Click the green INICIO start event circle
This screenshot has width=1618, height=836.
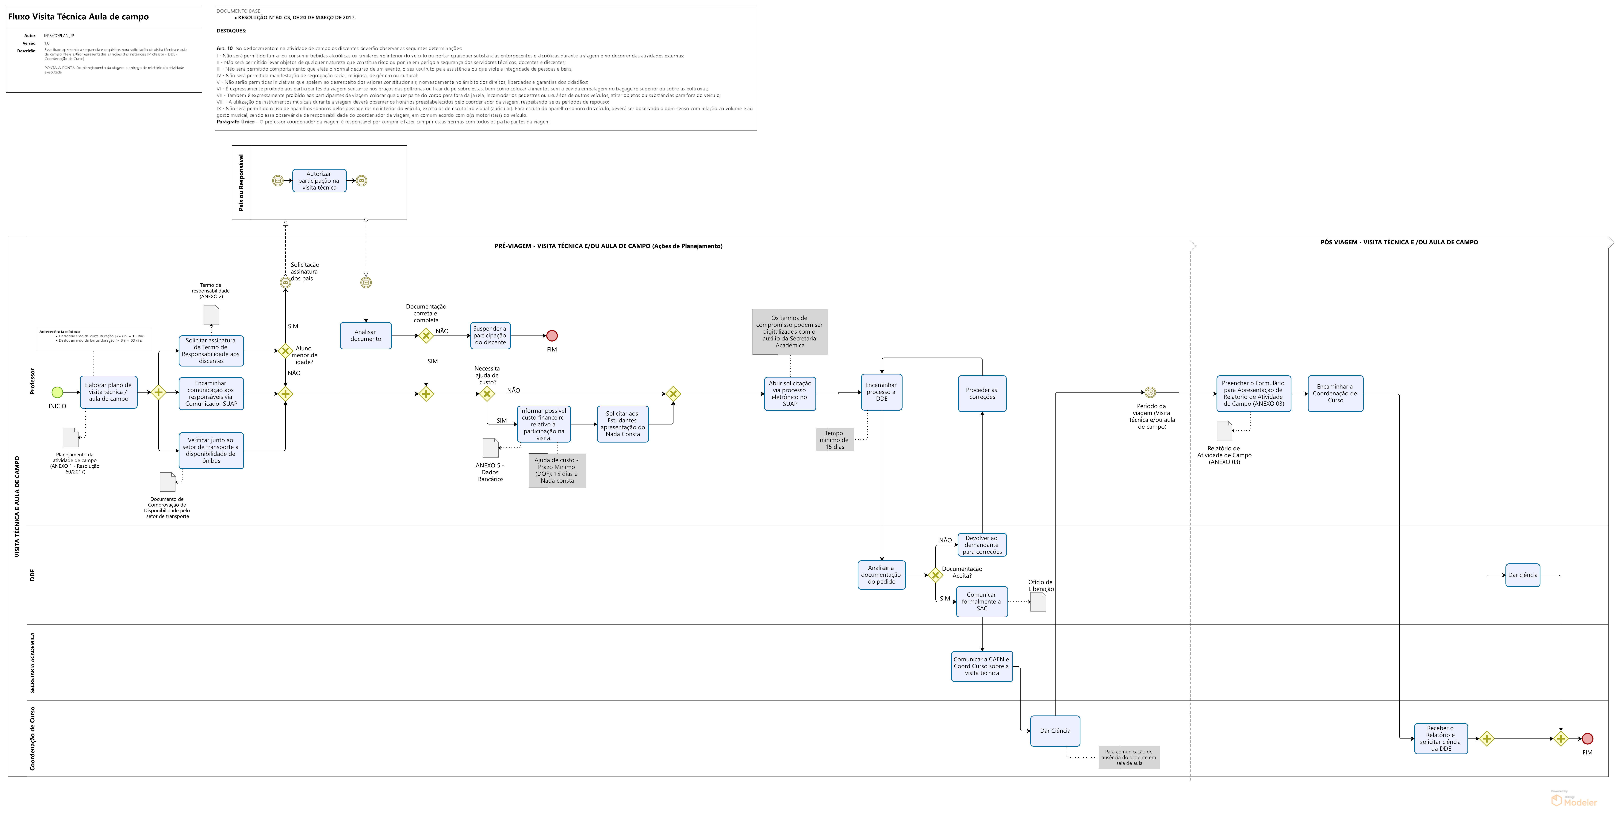point(57,393)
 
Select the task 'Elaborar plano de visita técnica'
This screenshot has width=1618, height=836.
point(108,392)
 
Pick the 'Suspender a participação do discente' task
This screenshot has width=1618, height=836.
point(490,335)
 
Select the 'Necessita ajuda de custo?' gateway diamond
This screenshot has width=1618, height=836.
point(487,394)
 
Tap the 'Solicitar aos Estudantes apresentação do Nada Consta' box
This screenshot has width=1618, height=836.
point(623,424)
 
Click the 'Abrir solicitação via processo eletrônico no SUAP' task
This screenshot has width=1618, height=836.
point(790,394)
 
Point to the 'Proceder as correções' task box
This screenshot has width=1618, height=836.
point(982,394)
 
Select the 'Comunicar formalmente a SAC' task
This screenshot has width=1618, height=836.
point(982,602)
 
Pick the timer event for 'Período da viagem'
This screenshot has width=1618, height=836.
point(1150,393)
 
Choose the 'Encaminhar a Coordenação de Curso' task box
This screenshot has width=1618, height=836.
point(1335,394)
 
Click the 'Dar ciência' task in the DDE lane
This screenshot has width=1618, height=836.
point(1523,575)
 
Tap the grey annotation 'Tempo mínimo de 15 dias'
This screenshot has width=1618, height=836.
point(834,440)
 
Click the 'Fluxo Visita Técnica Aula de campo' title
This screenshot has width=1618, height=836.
point(79,17)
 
